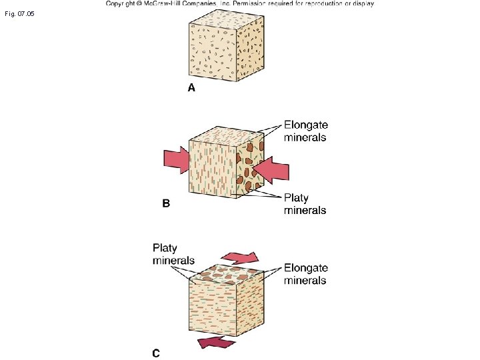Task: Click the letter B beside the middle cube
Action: click(x=166, y=204)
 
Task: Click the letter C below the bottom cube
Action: click(x=155, y=353)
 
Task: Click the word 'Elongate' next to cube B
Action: click(x=306, y=125)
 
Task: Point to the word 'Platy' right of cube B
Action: click(x=296, y=198)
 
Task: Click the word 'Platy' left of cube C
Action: click(x=165, y=248)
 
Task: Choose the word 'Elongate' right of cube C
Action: click(x=306, y=268)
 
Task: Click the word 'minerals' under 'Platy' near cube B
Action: click(x=305, y=210)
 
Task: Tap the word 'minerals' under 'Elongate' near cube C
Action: click(x=305, y=280)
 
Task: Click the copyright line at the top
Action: click(x=239, y=3)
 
